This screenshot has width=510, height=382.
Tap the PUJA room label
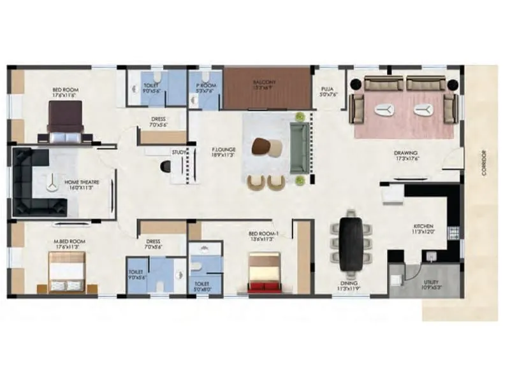[x=328, y=91]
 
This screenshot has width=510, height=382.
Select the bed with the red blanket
[x=264, y=273]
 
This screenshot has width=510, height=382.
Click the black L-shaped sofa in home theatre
[x=35, y=181]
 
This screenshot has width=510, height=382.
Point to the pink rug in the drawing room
[x=403, y=115]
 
